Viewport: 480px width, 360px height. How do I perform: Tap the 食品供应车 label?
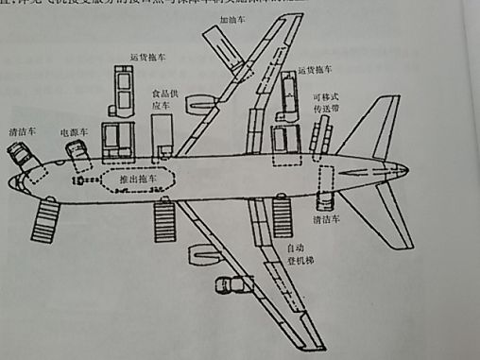point(163,100)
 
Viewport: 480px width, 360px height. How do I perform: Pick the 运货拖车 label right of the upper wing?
point(315,70)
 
